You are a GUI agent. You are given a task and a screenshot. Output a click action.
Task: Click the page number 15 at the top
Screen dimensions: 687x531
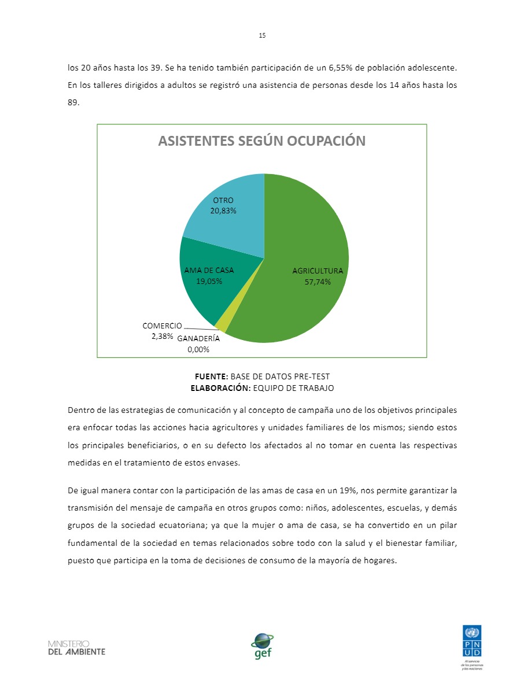pyautogui.click(x=262, y=36)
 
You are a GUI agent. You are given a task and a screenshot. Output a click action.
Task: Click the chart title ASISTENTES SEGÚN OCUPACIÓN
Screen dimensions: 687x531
pyautogui.click(x=262, y=141)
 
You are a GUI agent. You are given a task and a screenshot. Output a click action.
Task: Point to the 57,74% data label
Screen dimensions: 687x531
pyautogui.click(x=318, y=282)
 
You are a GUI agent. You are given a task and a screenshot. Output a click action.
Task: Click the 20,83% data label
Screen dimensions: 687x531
pyautogui.click(x=223, y=210)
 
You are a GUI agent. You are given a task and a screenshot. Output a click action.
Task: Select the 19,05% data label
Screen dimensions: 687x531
pyautogui.click(x=209, y=281)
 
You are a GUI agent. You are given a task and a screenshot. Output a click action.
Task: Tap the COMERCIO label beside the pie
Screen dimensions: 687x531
pyautogui.click(x=162, y=326)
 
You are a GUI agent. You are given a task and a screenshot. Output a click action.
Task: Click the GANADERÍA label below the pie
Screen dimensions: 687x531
pyautogui.click(x=198, y=339)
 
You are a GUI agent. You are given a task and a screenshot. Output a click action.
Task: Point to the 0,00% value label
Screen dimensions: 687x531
pyautogui.click(x=198, y=349)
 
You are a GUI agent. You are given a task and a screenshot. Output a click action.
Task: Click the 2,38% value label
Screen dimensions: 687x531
pyautogui.click(x=162, y=335)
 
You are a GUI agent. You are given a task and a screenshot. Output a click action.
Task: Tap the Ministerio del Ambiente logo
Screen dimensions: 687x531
pyautogui.click(x=77, y=648)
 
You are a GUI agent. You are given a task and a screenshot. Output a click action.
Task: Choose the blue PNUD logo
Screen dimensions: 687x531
pyautogui.click(x=472, y=641)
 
